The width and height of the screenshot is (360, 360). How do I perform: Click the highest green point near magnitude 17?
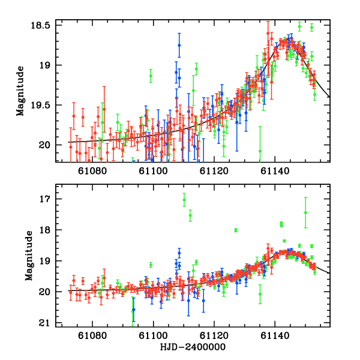[x=184, y=200]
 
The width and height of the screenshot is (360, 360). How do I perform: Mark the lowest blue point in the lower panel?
[x=134, y=310]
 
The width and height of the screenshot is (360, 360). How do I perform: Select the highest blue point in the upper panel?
[x=179, y=45]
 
